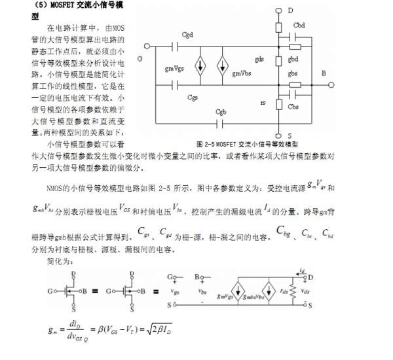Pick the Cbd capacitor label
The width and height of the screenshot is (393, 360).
pos(299,24)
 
